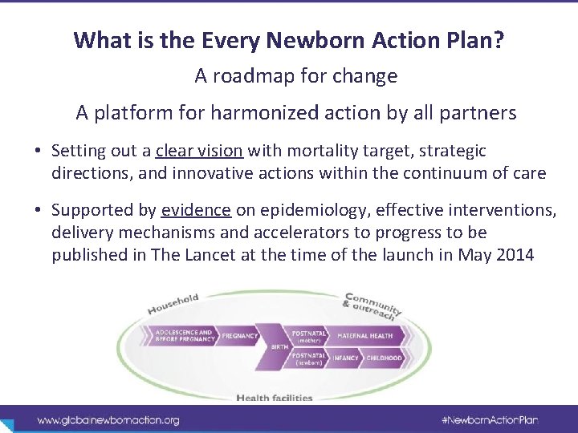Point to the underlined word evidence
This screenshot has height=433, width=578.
point(196,210)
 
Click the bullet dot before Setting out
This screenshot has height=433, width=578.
point(39,151)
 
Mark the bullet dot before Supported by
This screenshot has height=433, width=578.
point(39,210)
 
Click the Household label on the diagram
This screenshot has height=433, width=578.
point(173,304)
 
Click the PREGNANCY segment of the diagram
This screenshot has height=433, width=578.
point(239,336)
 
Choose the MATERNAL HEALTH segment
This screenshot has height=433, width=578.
point(365,335)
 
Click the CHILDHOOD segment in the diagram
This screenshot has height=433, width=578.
point(385,358)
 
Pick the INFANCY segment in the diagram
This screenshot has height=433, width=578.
point(346,358)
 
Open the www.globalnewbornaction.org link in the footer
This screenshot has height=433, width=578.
point(108,419)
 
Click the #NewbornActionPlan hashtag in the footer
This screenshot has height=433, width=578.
point(489,419)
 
